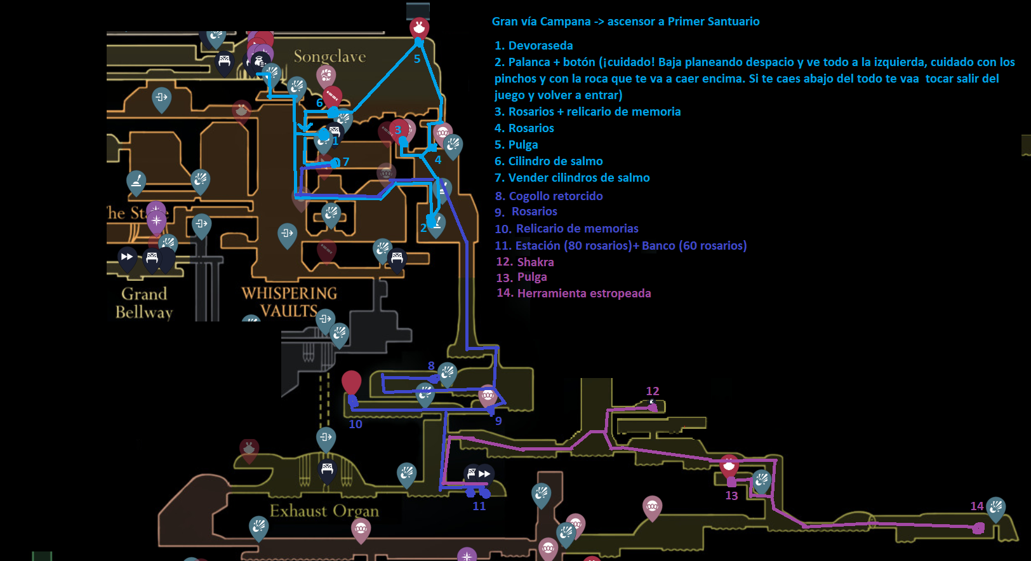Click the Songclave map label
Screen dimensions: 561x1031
pos(329,57)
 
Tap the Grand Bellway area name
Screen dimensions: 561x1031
pos(144,303)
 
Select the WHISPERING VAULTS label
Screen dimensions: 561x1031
pos(289,302)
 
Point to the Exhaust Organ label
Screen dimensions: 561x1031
pos(324,511)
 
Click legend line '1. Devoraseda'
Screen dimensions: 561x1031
pos(533,46)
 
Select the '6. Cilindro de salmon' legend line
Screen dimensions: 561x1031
pos(549,161)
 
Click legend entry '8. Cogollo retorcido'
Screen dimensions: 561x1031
pos(549,196)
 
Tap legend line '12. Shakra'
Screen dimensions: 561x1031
pos(525,262)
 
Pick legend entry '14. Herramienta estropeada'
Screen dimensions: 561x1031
pos(574,293)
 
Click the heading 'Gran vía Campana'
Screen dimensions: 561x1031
pos(541,22)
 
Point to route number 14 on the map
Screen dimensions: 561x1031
pos(976,506)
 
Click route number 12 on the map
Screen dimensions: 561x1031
pos(653,391)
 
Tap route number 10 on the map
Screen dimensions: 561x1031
pos(356,424)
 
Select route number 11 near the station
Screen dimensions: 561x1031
pos(479,506)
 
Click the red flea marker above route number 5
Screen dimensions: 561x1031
pos(419,27)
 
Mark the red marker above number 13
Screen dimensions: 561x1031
pos(729,466)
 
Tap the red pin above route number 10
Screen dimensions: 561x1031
pos(351,382)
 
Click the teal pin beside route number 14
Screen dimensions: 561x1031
pos(995,508)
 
